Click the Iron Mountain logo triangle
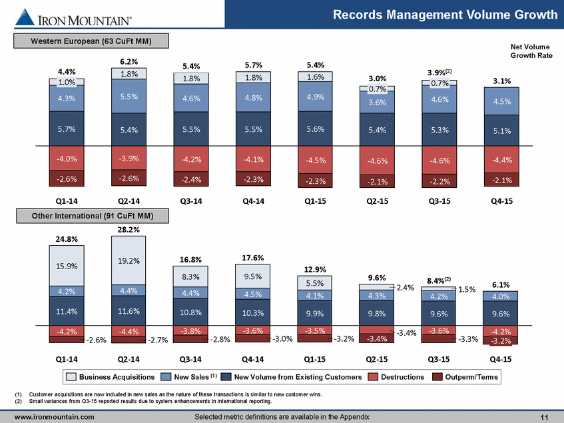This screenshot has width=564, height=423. pos(25,17)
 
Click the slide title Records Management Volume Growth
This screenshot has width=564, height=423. pos(445,15)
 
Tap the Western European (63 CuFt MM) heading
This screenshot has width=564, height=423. pos(91,41)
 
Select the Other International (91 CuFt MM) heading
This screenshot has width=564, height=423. pos(93,216)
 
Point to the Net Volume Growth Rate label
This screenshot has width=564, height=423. pos(531,51)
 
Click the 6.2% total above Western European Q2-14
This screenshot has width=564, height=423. pos(129,61)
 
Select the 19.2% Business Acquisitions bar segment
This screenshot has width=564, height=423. pos(129,260)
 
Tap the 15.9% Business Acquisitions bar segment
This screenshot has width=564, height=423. pos(67,266)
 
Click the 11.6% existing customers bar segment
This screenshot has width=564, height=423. pos(129,311)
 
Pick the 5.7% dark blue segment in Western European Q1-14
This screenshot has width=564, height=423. pos(67,129)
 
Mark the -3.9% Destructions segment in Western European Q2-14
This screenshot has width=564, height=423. pos(129,159)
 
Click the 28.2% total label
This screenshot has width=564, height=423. pos(129,229)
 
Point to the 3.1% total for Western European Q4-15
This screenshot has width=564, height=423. pos(502,81)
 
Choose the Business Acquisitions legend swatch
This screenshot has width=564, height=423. pos(71,376)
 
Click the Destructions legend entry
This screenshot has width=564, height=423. pos(396,376)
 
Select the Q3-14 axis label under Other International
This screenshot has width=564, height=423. pos(190,359)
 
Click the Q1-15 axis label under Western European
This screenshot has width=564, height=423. pos(315,201)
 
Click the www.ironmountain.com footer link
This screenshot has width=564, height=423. pos(55,417)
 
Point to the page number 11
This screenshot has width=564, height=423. pos(544,417)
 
